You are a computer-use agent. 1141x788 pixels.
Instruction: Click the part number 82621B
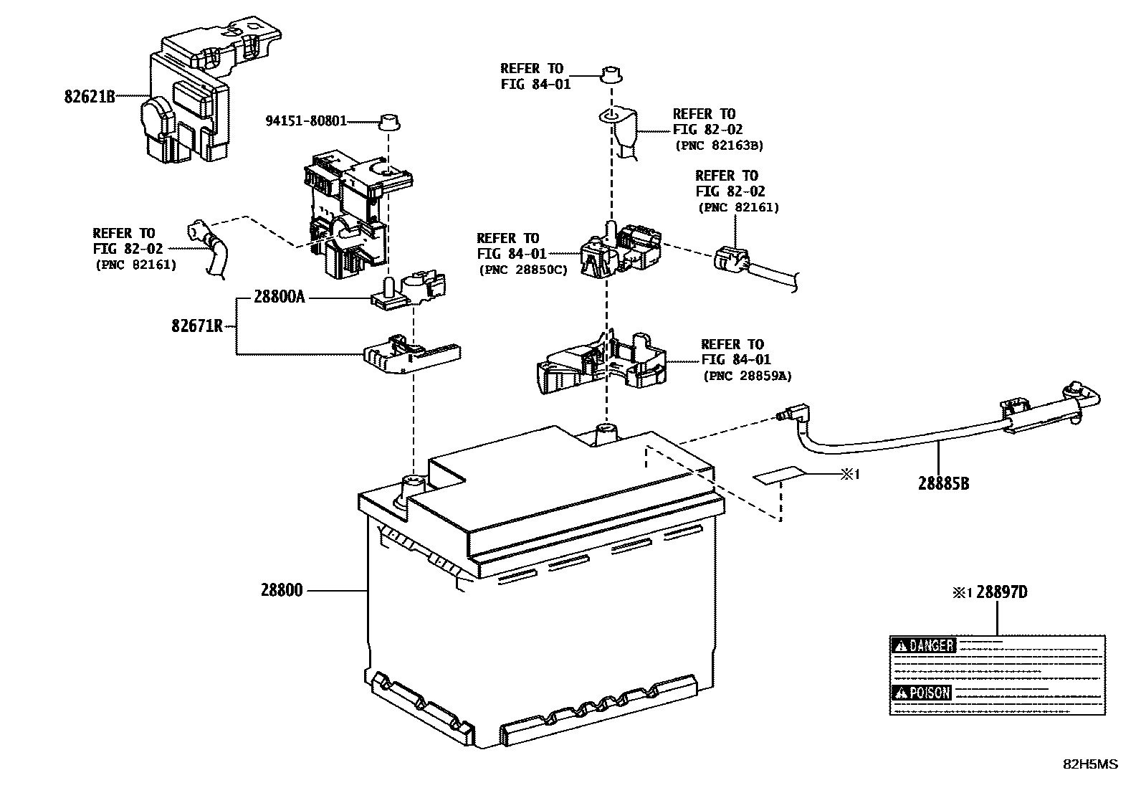pyautogui.click(x=90, y=96)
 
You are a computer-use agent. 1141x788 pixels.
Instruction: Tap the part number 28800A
pyautogui.click(x=279, y=297)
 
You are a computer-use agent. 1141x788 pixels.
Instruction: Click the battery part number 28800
pyautogui.click(x=282, y=591)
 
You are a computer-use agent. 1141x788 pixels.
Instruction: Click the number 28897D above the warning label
pyautogui.click(x=1001, y=592)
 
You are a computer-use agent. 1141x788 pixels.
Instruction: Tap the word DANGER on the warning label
pyautogui.click(x=931, y=645)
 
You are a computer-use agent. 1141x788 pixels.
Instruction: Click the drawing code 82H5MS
pyautogui.click(x=1089, y=764)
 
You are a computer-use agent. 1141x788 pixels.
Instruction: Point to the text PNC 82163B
pyautogui.click(x=719, y=146)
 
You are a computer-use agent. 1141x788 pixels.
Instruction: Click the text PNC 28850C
pyautogui.click(x=522, y=270)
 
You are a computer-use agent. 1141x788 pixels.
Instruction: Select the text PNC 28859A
pyautogui.click(x=747, y=375)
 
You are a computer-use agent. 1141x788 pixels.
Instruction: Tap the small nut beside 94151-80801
pyautogui.click(x=388, y=121)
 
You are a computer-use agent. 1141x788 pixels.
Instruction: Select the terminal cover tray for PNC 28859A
pyautogui.click(x=601, y=366)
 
